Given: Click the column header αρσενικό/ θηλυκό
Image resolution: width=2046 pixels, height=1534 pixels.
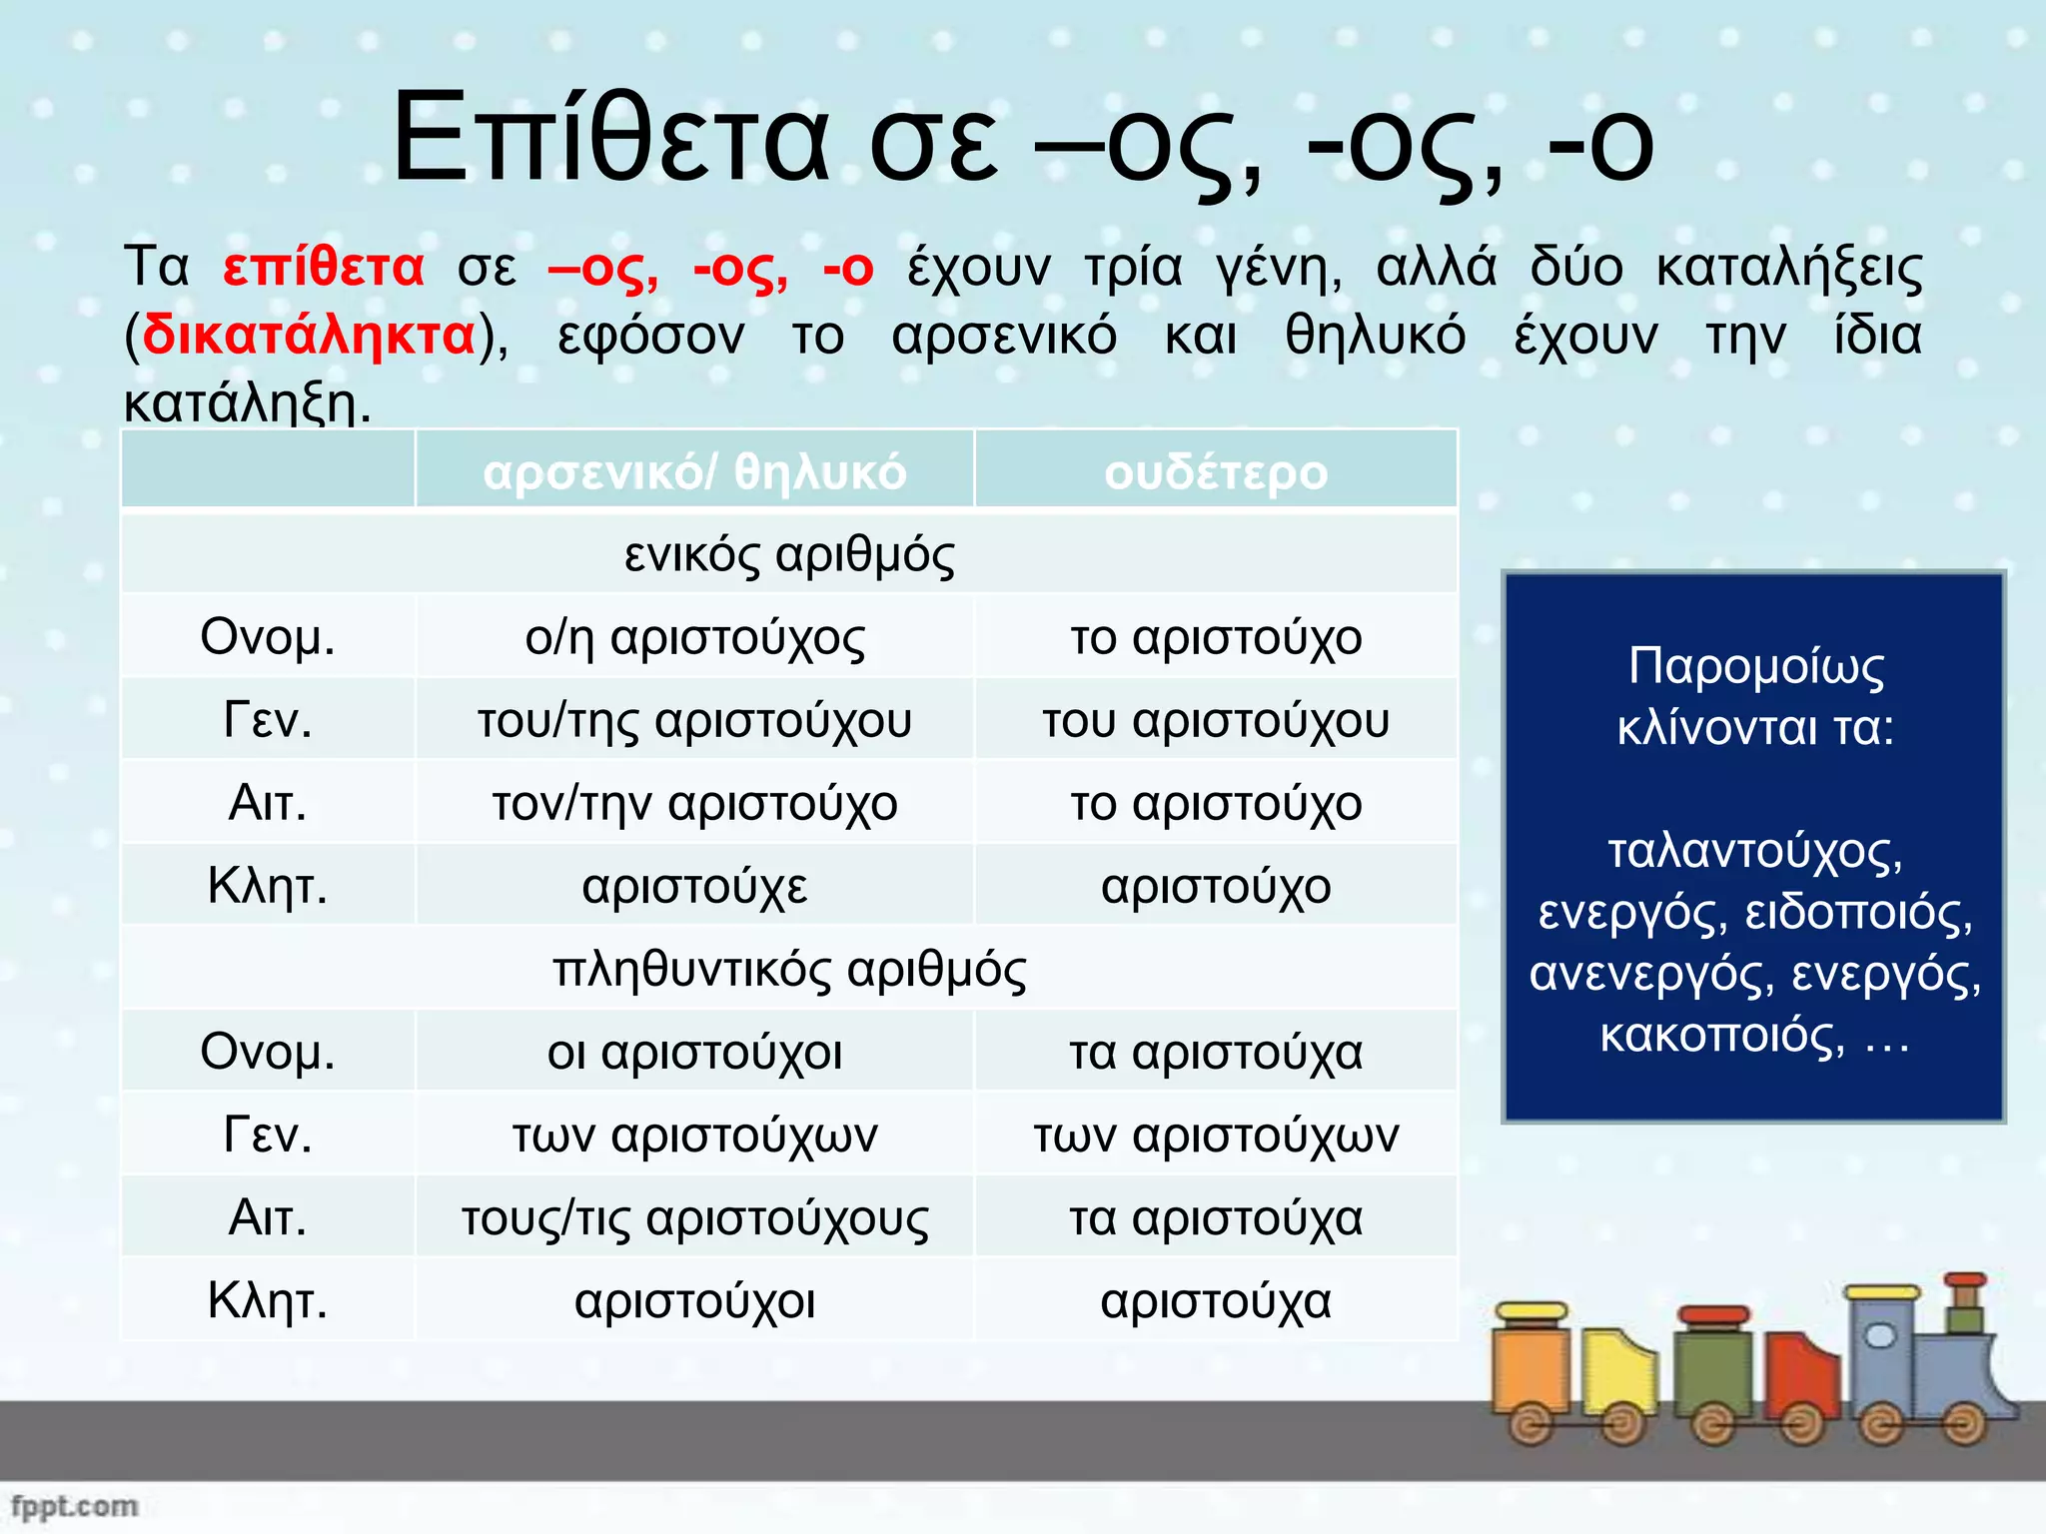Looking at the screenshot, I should pyautogui.click(x=694, y=472).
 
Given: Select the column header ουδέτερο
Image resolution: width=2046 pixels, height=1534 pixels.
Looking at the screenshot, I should pyautogui.click(x=1216, y=472).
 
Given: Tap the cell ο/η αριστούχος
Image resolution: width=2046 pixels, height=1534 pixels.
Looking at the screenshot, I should pyautogui.click(x=694, y=637).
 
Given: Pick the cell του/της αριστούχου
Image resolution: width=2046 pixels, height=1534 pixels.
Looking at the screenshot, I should pyautogui.click(x=694, y=720).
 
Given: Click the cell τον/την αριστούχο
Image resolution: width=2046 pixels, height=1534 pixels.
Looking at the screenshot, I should pyautogui.click(x=694, y=803).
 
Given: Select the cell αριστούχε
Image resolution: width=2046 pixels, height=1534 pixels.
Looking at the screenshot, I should pyautogui.click(x=694, y=886).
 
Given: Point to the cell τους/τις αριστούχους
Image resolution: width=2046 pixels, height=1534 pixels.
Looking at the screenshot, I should pyautogui.click(x=694, y=1217).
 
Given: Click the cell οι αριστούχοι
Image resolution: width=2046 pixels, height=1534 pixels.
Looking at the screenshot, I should pyautogui.click(x=694, y=1052).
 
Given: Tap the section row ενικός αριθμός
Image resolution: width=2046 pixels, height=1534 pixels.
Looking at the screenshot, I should pyautogui.click(x=789, y=555).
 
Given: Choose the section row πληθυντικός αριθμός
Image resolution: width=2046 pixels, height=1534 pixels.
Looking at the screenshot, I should pyautogui.click(x=789, y=969).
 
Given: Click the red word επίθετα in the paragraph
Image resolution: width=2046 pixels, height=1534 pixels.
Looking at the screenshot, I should pyautogui.click(x=323, y=268).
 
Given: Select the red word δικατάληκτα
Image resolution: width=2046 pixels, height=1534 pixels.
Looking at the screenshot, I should pyautogui.click(x=309, y=336).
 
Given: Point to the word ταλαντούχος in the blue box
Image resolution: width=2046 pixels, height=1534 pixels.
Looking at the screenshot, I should pyautogui.click(x=1754, y=851).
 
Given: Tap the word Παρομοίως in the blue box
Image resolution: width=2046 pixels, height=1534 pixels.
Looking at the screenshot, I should pyautogui.click(x=1755, y=666).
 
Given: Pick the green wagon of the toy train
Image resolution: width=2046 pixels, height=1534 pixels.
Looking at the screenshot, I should pyautogui.click(x=1714, y=1373).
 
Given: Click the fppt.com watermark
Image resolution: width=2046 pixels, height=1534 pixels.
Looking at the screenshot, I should pyautogui.click(x=74, y=1505).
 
